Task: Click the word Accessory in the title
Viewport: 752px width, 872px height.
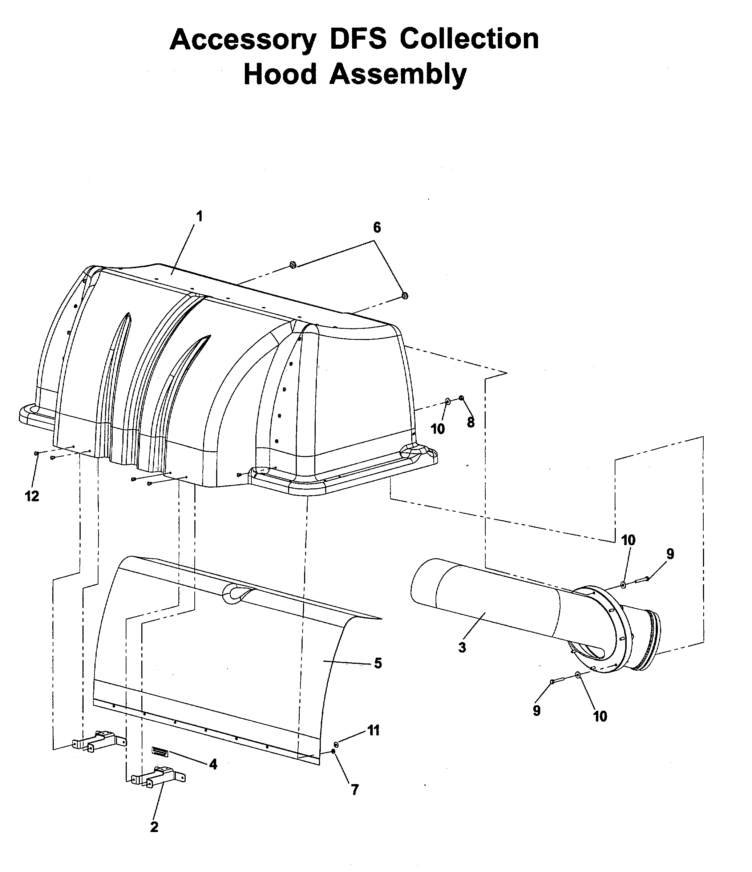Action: pyautogui.click(x=242, y=40)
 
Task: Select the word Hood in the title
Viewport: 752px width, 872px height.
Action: pyautogui.click(x=280, y=74)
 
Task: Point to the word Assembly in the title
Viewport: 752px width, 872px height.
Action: pyautogui.click(x=398, y=75)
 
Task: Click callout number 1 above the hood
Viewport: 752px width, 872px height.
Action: pyautogui.click(x=199, y=216)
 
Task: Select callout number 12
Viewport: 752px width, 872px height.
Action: pyautogui.click(x=32, y=496)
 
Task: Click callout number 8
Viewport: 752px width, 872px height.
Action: pyautogui.click(x=470, y=422)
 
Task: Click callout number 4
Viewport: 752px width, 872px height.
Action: pyautogui.click(x=213, y=764)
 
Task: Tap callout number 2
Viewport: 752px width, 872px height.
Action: pyautogui.click(x=154, y=827)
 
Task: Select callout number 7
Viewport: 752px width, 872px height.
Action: pyautogui.click(x=355, y=790)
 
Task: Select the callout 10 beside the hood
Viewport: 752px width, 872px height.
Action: pyautogui.click(x=438, y=429)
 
